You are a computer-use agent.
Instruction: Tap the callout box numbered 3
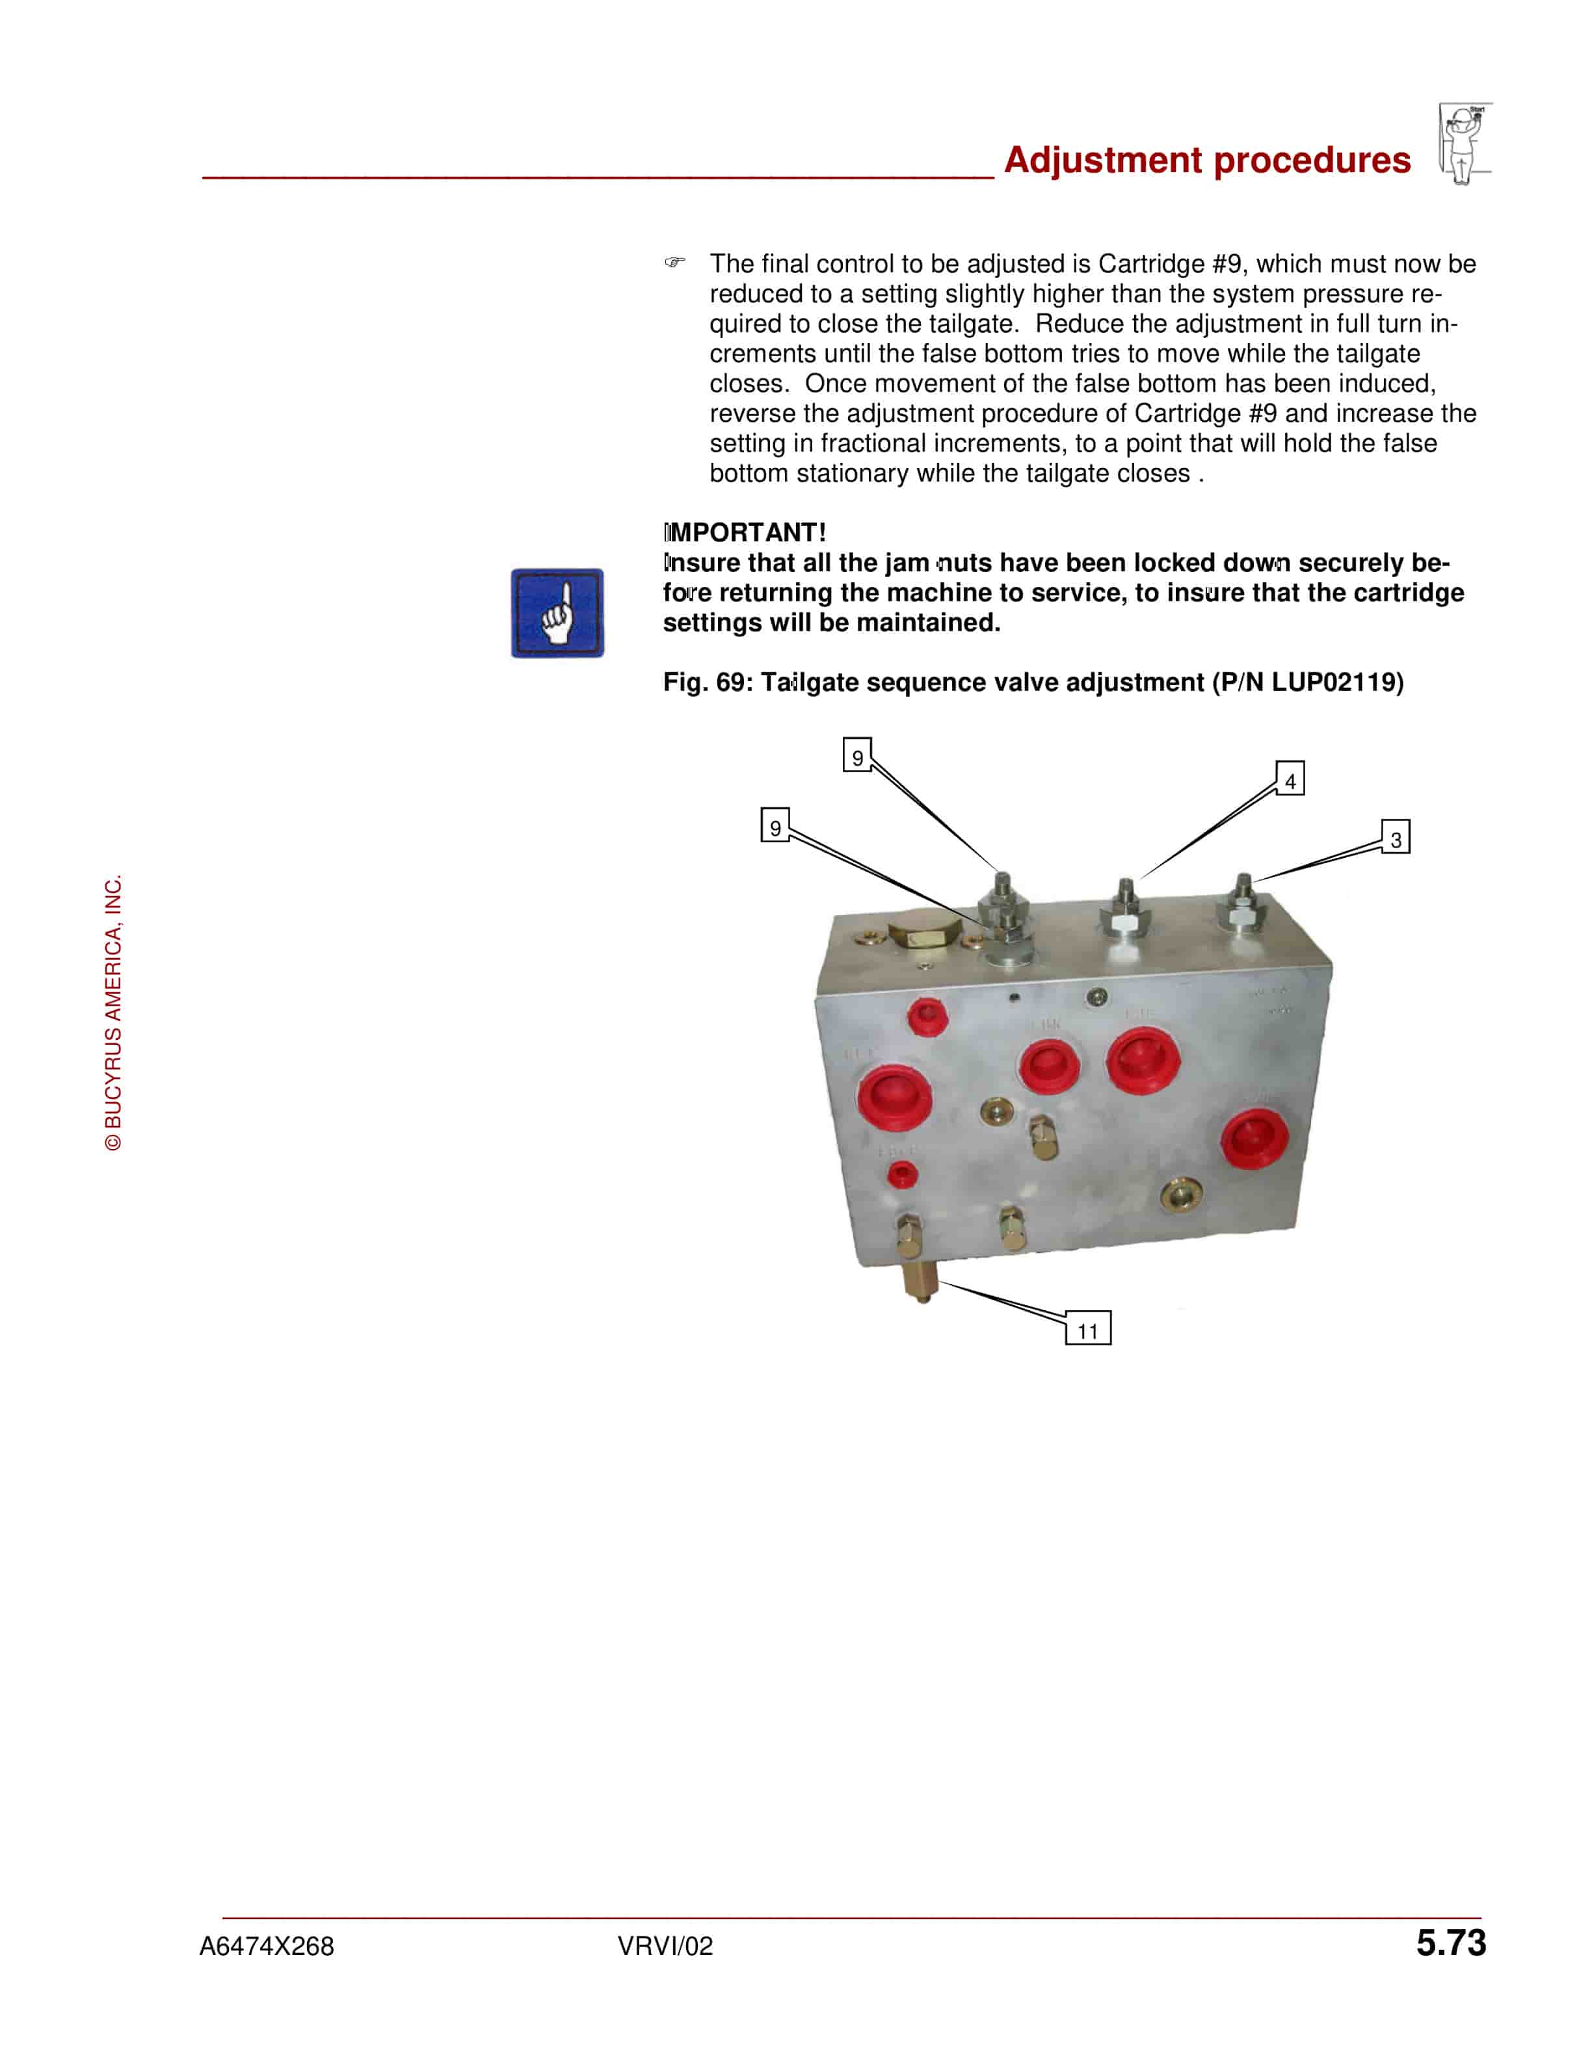click(x=1395, y=837)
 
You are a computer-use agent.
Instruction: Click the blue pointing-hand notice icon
click(x=557, y=613)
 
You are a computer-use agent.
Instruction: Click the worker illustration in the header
click(x=1465, y=143)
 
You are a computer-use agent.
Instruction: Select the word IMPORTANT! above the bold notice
click(x=745, y=533)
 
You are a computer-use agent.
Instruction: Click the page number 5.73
click(x=1450, y=1943)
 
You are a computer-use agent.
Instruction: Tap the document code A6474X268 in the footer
click(x=267, y=1946)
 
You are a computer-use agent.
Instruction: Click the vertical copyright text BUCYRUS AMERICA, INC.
click(x=113, y=1013)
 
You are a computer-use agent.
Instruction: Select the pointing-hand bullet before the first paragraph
click(x=674, y=262)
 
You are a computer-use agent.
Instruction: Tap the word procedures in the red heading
click(x=1312, y=161)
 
